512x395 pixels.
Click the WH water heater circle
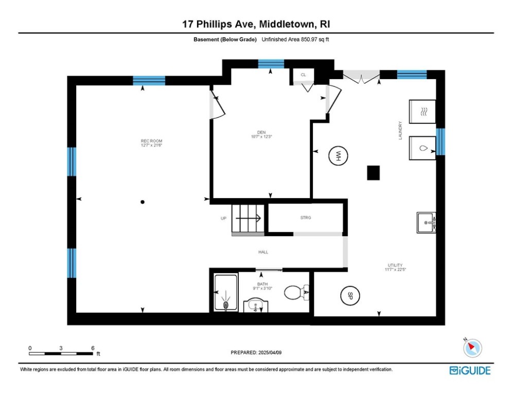(339, 156)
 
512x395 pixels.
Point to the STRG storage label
(306, 218)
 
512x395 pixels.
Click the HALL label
(263, 252)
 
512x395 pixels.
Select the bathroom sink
(256, 306)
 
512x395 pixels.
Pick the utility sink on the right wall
(427, 222)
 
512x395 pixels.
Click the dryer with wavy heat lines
(422, 112)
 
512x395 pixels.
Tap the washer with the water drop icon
(422, 148)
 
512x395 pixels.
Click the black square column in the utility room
(373, 173)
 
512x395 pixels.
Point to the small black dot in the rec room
(143, 202)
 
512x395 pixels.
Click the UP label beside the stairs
(224, 219)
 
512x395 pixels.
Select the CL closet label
(303, 75)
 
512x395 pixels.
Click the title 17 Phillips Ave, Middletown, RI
(256, 24)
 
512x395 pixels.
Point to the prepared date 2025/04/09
(256, 352)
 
